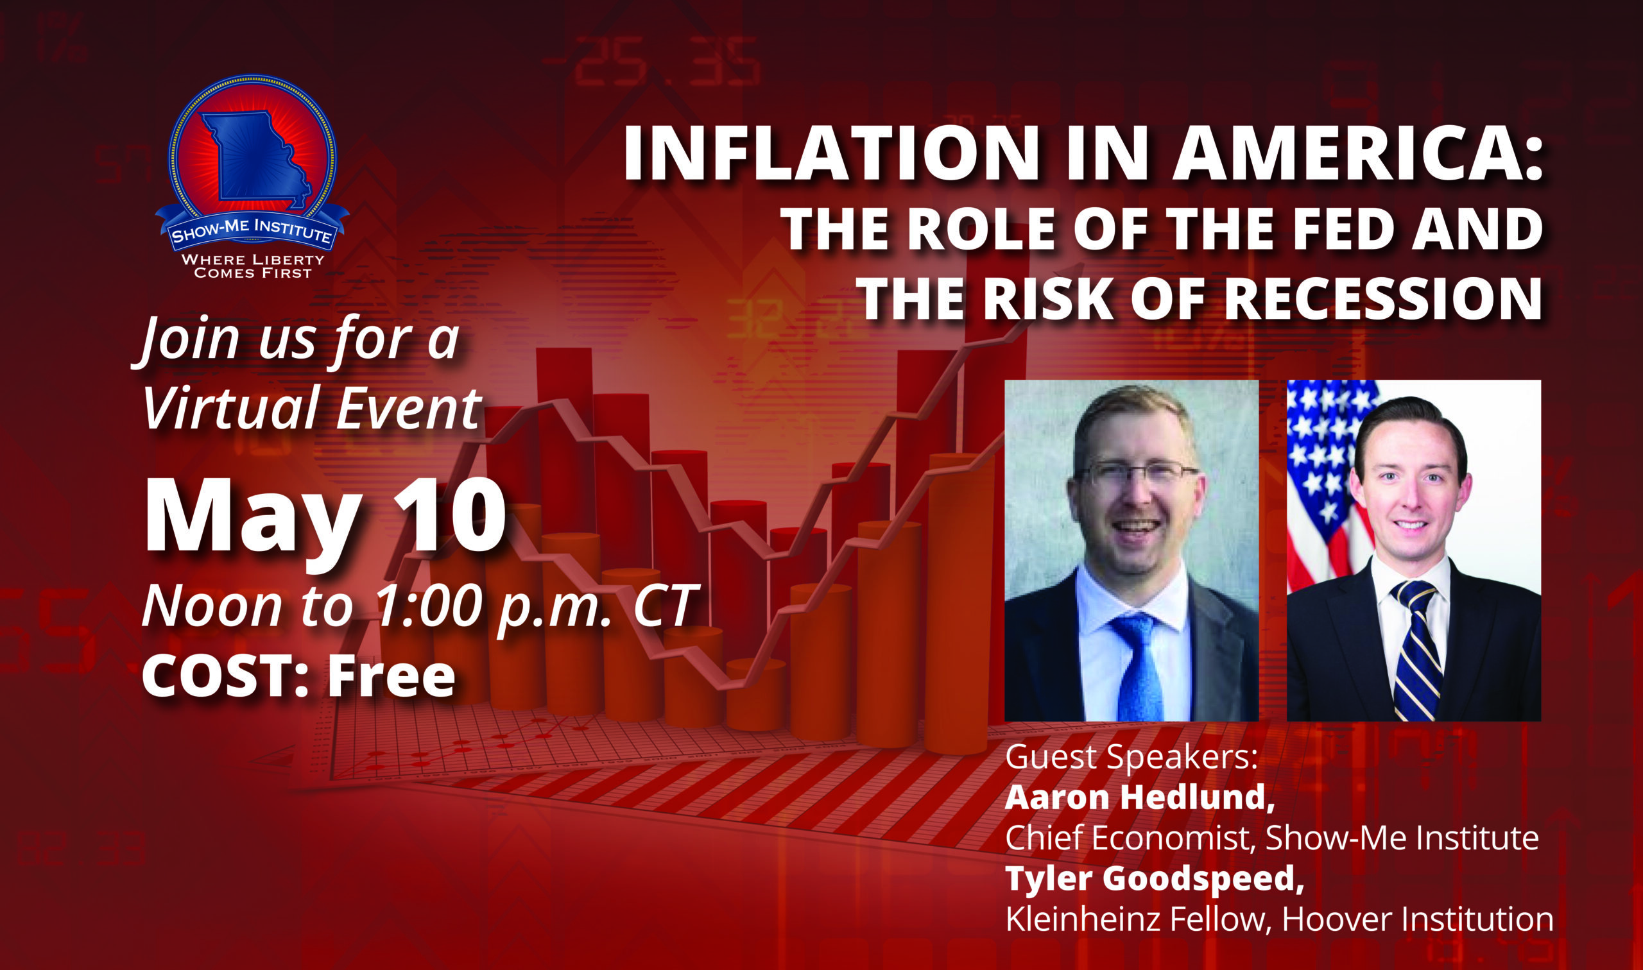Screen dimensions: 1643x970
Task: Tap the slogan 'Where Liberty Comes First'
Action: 252,266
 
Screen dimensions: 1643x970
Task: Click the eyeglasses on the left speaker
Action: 1140,472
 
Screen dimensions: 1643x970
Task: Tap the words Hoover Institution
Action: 1418,920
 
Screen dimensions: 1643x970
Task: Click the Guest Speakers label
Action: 1131,758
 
